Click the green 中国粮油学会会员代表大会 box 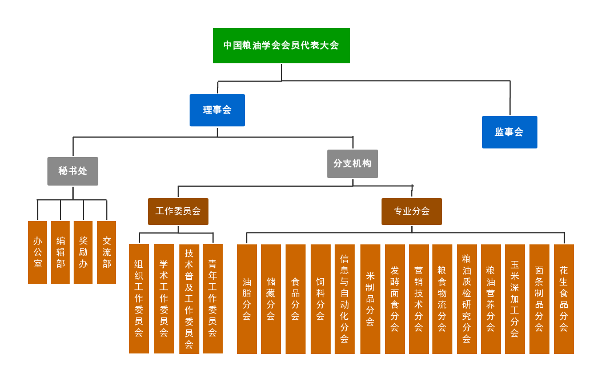[x=281, y=46]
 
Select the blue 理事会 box [x=217, y=110]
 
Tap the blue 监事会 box [x=509, y=132]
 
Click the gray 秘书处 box [x=73, y=171]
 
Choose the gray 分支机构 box [x=352, y=164]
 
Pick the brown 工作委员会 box [x=178, y=211]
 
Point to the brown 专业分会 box [x=411, y=211]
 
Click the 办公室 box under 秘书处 [x=37, y=252]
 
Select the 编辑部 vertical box [x=60, y=252]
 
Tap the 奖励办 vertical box [x=83, y=252]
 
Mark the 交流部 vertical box [x=106, y=252]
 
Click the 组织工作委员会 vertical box [x=139, y=299]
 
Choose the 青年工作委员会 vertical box [x=212, y=299]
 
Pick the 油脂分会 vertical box [x=247, y=299]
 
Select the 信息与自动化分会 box [x=344, y=299]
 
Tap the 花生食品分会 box [x=564, y=299]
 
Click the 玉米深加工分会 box [x=515, y=299]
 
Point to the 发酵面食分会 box [x=395, y=299]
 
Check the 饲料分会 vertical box [x=320, y=299]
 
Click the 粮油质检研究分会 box [x=467, y=299]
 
